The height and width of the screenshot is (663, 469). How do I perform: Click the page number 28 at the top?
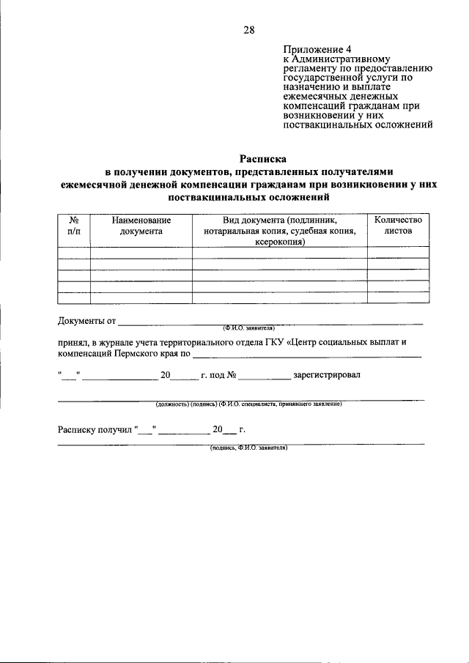[248, 30]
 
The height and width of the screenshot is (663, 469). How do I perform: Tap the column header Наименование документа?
[141, 225]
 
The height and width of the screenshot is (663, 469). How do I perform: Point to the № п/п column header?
[73, 225]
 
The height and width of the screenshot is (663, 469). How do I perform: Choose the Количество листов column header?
[398, 225]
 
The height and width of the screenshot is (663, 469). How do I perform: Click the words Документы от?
[86, 321]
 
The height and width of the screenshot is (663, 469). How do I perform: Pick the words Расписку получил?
[95, 430]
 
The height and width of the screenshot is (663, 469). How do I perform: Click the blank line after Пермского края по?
[308, 355]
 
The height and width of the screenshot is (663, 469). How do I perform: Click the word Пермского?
[139, 353]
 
